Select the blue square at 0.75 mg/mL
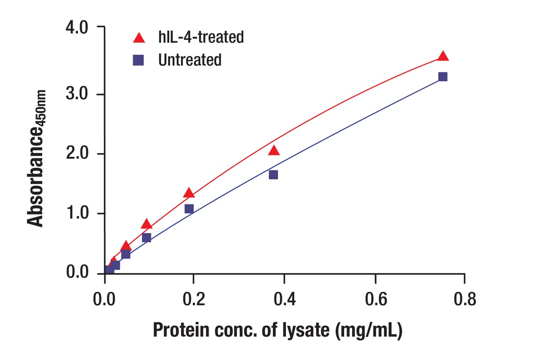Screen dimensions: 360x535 (443, 76)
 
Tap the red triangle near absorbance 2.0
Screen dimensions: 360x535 (274, 150)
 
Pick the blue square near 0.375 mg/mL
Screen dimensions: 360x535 (273, 174)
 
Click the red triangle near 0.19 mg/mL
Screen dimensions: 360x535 (189, 193)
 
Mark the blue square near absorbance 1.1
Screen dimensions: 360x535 (189, 209)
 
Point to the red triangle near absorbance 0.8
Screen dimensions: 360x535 (146, 224)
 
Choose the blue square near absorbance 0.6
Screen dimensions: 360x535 (146, 238)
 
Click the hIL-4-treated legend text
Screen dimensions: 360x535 (201, 37)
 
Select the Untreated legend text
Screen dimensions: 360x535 (189, 60)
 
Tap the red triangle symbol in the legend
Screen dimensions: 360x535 (139, 37)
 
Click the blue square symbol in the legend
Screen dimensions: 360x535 (138, 60)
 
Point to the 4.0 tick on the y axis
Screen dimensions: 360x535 (77, 28)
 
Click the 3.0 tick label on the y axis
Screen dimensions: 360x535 (77, 94)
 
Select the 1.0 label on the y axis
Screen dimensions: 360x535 (77, 213)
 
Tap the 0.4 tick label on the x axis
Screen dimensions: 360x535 (284, 299)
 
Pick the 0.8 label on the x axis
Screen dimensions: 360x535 (464, 299)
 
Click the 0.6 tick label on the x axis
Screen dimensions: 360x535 (375, 299)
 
